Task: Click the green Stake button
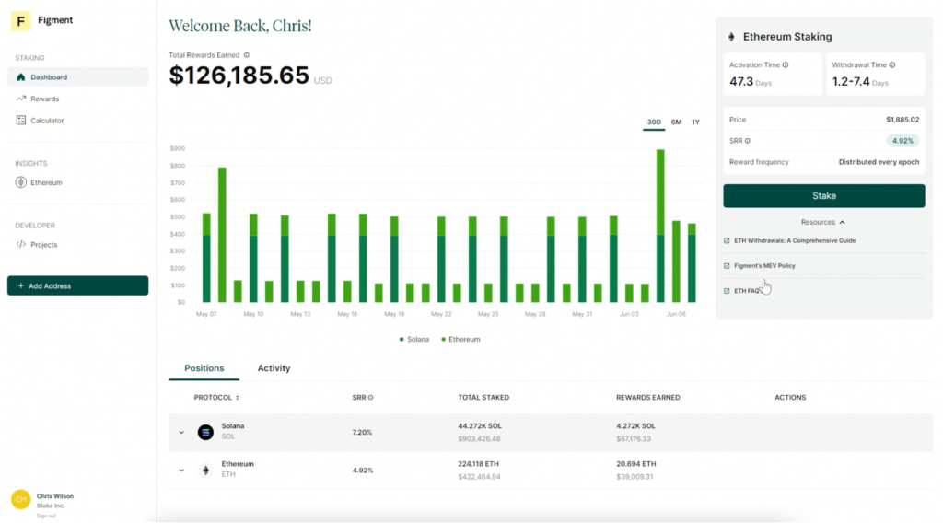[823, 195]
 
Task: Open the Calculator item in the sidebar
[47, 121]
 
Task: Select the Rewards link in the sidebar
[44, 99]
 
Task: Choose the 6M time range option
[676, 122]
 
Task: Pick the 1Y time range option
[695, 122]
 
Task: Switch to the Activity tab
[274, 368]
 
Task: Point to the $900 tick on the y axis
[177, 148]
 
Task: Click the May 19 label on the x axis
[393, 314]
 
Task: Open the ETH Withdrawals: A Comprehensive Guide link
[795, 241]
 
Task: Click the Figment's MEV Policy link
[764, 266]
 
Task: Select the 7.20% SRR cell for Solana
[362, 432]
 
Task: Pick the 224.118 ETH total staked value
[479, 464]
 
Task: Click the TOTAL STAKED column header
[483, 398]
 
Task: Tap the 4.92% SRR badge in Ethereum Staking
[902, 141]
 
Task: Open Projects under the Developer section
[43, 245]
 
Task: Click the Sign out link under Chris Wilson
[46, 516]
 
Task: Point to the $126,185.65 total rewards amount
[239, 76]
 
